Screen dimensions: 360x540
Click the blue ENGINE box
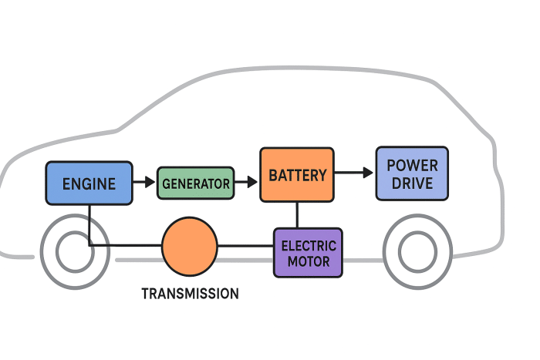[89, 183]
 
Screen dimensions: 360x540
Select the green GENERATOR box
[195, 183]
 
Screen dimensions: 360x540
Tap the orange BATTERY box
[297, 175]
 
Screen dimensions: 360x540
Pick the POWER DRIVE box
[412, 174]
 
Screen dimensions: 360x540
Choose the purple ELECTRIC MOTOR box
[308, 253]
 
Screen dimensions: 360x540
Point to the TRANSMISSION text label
[190, 294]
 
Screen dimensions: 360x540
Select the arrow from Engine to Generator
[143, 183]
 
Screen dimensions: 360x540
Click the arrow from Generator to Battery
[246, 183]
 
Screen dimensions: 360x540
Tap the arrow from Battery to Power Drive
[354, 173]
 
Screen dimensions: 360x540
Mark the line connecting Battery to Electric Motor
[297, 215]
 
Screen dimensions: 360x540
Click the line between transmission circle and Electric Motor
[245, 247]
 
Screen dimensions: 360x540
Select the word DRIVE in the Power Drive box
[412, 184]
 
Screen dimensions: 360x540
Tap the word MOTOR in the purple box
[309, 261]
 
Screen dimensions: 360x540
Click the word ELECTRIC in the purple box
[309, 246]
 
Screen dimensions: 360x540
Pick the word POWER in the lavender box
[412, 165]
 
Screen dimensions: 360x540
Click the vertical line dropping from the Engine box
[89, 224]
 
